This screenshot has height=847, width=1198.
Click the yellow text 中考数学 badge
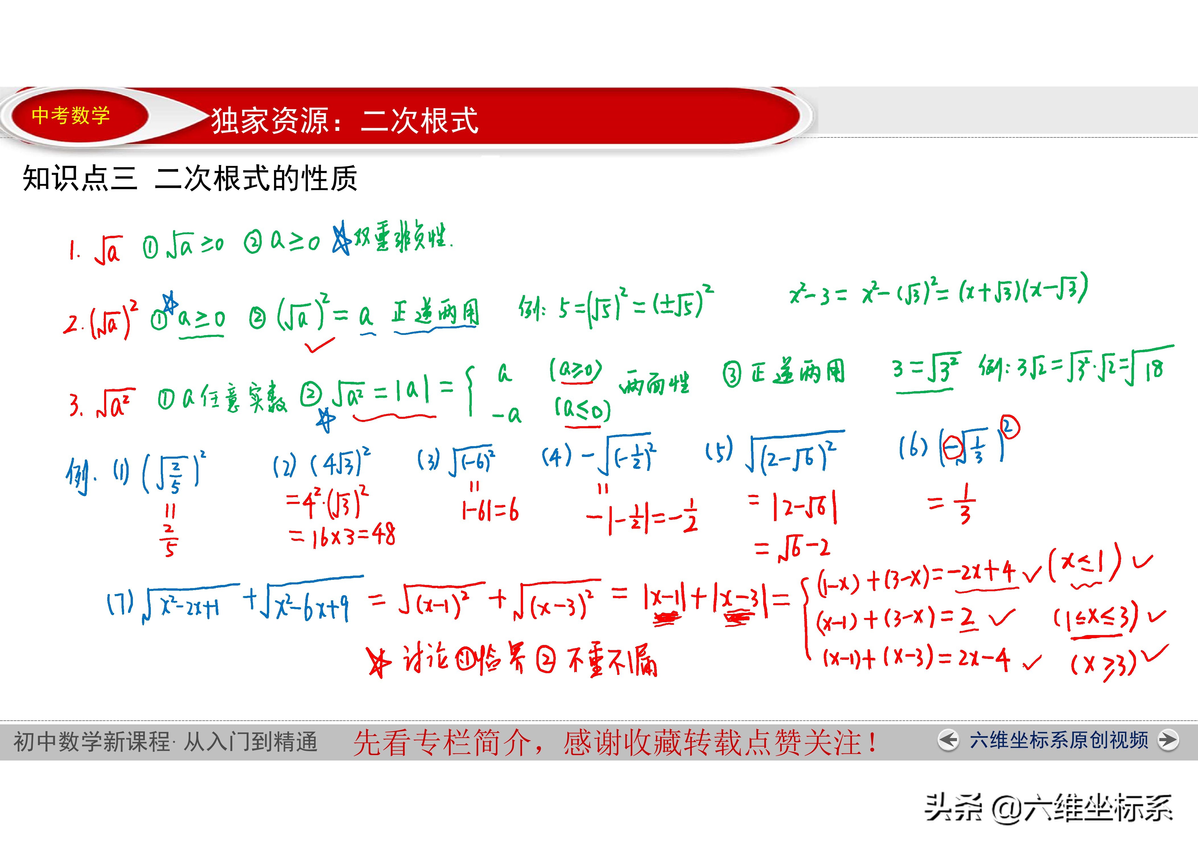click(x=71, y=115)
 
